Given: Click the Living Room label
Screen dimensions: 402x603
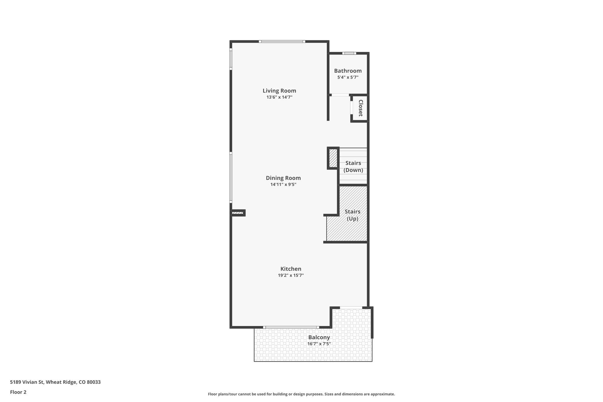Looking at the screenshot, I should click(x=279, y=91).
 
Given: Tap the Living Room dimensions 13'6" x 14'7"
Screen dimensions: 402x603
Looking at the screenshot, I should click(x=279, y=97).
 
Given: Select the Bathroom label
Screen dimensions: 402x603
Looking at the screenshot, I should click(x=348, y=71).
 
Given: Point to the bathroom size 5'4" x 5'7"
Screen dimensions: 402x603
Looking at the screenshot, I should click(x=348, y=77).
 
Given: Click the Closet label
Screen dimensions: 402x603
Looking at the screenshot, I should click(x=360, y=108).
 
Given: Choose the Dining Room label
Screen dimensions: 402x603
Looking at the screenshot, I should click(x=283, y=178).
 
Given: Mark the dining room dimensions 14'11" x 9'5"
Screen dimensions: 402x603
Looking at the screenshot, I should click(x=283, y=185).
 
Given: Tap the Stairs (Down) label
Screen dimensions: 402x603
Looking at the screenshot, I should click(x=353, y=166).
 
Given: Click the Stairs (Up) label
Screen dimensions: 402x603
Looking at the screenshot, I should click(x=352, y=215).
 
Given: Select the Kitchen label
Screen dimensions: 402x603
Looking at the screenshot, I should click(x=291, y=269).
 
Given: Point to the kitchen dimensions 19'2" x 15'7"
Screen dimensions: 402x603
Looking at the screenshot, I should click(x=291, y=275).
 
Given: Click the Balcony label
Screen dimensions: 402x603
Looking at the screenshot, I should click(x=319, y=338).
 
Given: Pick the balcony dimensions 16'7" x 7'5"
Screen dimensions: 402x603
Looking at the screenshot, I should click(x=319, y=344).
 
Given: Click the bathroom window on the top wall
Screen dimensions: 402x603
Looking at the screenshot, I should click(x=349, y=53).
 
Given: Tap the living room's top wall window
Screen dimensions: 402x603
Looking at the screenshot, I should click(x=282, y=42).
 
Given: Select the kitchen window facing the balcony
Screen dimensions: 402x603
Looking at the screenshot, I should click(x=291, y=327).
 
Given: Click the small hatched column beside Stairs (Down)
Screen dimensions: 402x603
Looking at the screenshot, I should click(x=333, y=158).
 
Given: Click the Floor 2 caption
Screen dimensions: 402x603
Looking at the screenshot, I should click(x=18, y=392).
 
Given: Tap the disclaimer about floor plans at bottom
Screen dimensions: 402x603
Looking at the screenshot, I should click(x=301, y=394).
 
